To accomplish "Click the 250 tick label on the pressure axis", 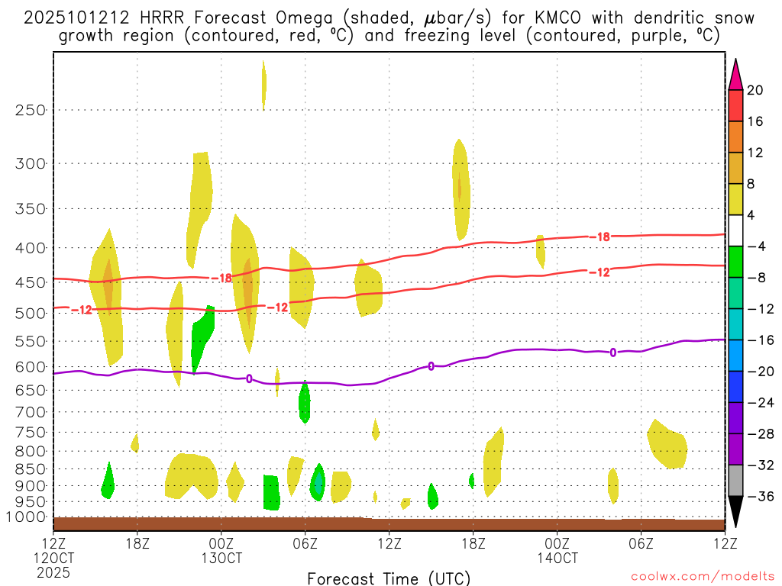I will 31,110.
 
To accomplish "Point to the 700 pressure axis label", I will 31,412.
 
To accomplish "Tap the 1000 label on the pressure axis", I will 27,517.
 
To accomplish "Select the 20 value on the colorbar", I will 755,90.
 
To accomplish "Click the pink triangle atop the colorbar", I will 735,73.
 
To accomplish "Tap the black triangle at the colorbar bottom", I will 735,515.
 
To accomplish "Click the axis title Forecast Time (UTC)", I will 389,578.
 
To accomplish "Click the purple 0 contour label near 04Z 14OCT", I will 613,352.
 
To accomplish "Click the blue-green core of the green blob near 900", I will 318,484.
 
